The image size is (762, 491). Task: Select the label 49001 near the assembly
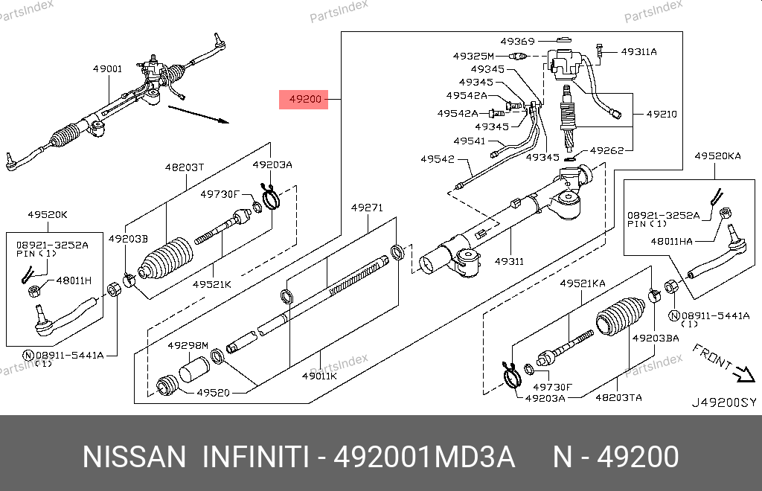tap(107, 69)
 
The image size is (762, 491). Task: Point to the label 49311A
tap(638, 52)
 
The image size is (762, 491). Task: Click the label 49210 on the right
tap(661, 115)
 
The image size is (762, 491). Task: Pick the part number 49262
tap(606, 150)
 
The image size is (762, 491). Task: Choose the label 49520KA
tap(717, 156)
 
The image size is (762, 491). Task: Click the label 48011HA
tap(670, 241)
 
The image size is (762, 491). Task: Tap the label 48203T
tap(184, 167)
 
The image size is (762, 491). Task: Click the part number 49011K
tap(319, 376)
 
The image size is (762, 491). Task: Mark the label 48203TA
tap(618, 398)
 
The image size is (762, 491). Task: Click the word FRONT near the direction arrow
tap(711, 359)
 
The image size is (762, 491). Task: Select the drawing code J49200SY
tap(723, 403)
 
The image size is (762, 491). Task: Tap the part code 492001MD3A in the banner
tap(424, 457)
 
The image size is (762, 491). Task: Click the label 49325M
tap(473, 56)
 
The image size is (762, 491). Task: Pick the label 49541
tap(469, 141)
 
